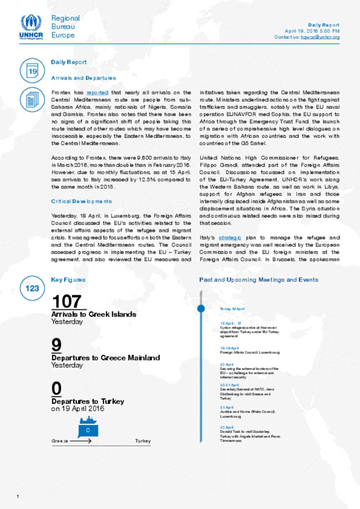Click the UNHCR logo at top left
(x=31, y=27)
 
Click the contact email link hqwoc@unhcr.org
(x=320, y=37)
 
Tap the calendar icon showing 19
(x=32, y=71)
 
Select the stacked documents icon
(x=32, y=99)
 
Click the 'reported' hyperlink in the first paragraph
(x=97, y=92)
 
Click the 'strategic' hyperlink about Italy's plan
(x=230, y=237)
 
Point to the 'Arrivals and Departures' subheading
(x=84, y=78)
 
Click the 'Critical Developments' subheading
(x=82, y=201)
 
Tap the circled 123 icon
(x=32, y=288)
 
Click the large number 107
(x=67, y=301)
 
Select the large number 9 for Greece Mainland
(x=56, y=345)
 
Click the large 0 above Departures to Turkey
(x=56, y=388)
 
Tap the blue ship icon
(x=88, y=420)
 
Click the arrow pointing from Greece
(x=81, y=441)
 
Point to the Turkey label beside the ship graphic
(x=143, y=441)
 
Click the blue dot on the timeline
(x=201, y=308)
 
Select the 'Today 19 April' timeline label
(x=232, y=309)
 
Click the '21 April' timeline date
(x=227, y=407)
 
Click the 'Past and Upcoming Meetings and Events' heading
(x=259, y=280)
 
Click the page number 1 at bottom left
(x=18, y=496)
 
